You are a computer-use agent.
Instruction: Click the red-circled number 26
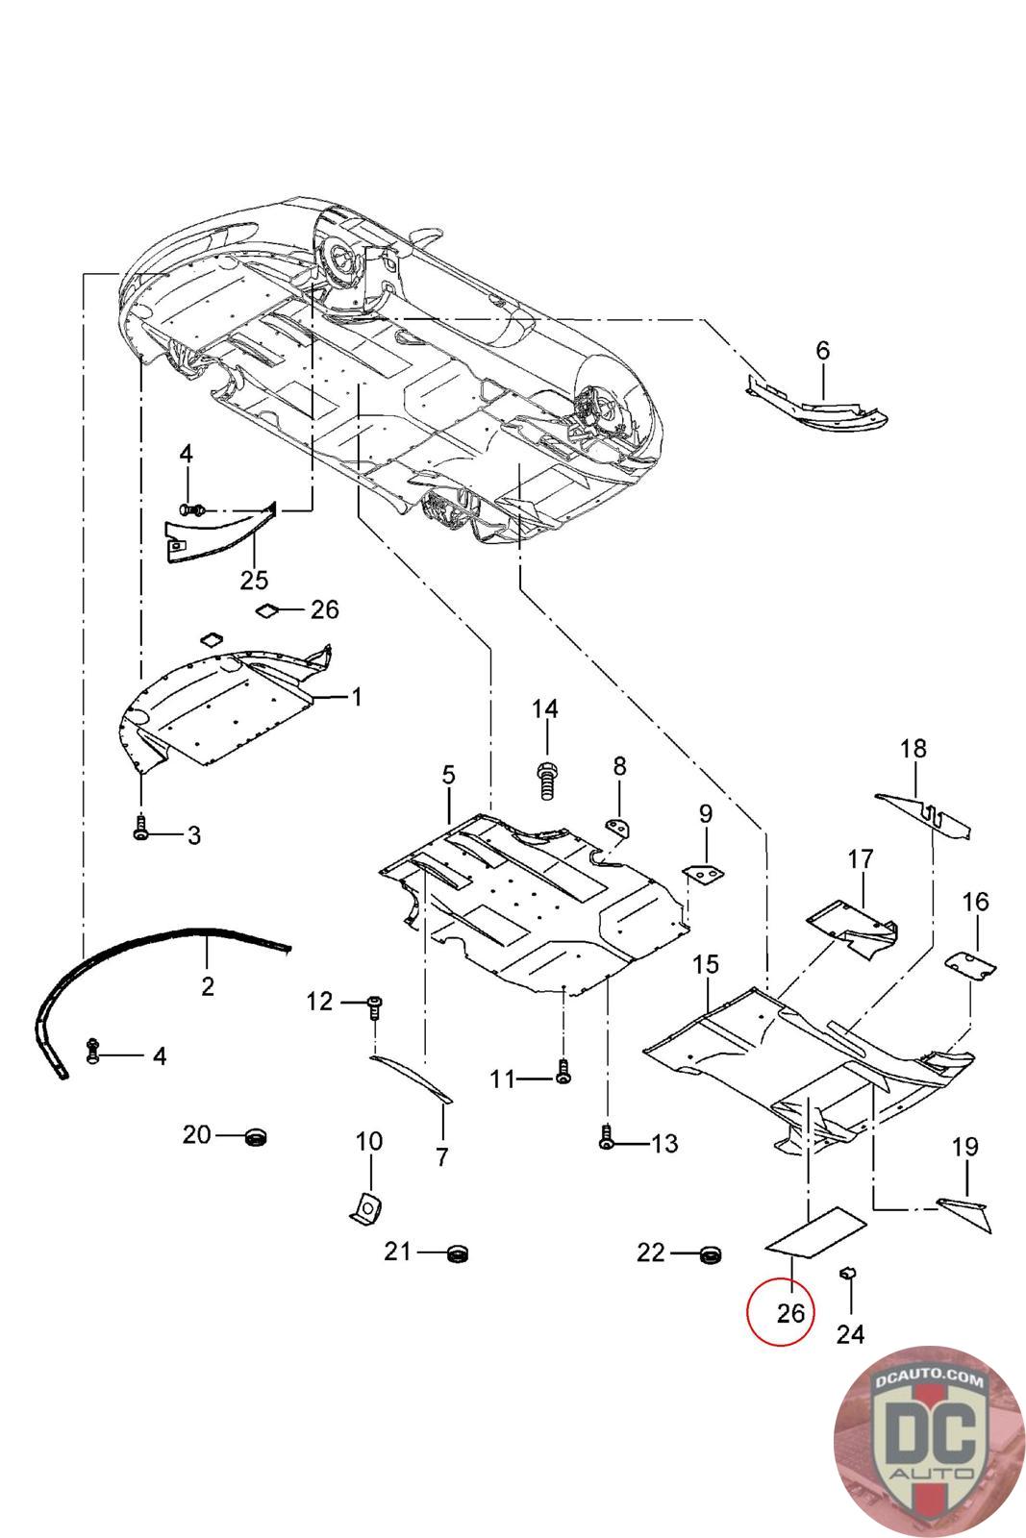click(789, 1312)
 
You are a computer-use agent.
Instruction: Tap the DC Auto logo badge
click(928, 1441)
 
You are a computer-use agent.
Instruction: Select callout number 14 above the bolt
click(545, 709)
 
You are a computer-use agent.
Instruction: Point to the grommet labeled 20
click(256, 1137)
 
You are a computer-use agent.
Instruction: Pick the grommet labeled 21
click(458, 1253)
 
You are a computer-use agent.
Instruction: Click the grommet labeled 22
click(711, 1253)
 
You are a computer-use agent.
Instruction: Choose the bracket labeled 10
click(365, 1208)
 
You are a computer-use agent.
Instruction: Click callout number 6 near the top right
click(822, 351)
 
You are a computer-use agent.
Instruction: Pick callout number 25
click(254, 580)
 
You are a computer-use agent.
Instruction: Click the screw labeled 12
click(374, 1006)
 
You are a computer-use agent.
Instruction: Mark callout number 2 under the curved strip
click(208, 986)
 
